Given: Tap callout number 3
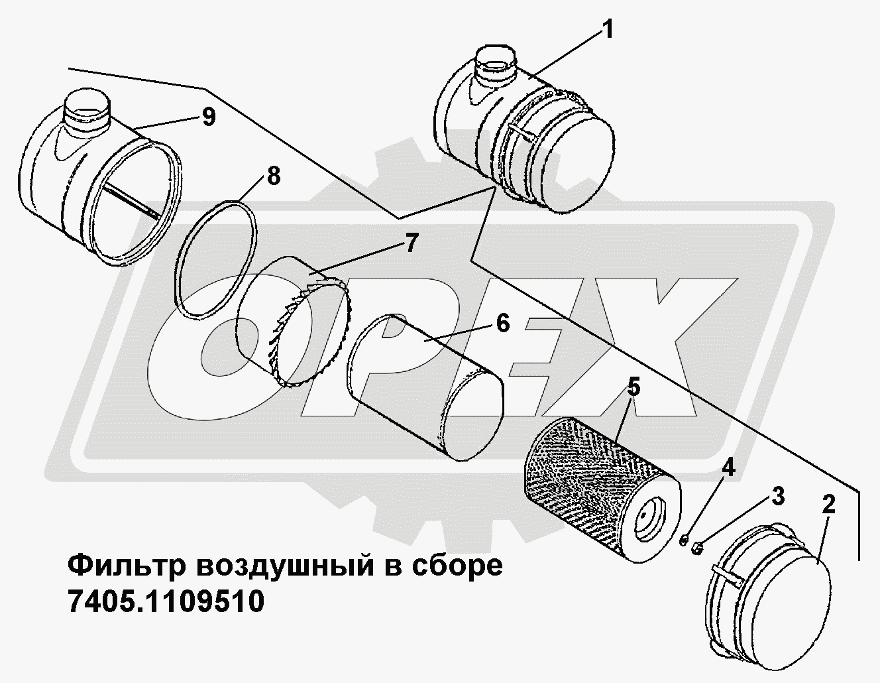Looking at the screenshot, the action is pyautogui.click(x=777, y=497).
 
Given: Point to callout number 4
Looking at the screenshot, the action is pyautogui.click(x=728, y=469).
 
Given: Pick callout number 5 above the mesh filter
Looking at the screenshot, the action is pyautogui.click(x=634, y=388).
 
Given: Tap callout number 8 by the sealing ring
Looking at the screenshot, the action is pyautogui.click(x=274, y=177).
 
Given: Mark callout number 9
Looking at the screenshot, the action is pyautogui.click(x=208, y=117).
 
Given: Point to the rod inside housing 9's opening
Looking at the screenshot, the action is pyautogui.click(x=132, y=200).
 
